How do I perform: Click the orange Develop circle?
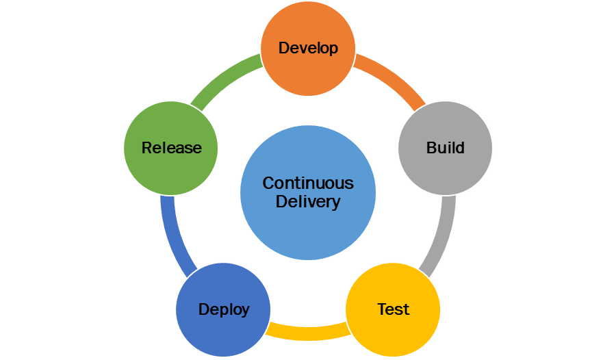tap(308, 65)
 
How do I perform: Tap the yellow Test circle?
tap(393, 325)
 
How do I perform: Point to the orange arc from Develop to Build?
tap(392, 81)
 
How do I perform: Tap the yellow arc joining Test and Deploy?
tap(308, 333)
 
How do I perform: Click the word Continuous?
tap(308, 183)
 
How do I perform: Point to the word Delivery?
tap(308, 202)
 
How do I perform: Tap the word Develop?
tap(308, 48)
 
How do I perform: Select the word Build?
tap(446, 148)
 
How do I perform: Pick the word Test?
tap(394, 309)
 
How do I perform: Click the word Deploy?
tap(224, 309)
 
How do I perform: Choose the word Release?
tap(171, 148)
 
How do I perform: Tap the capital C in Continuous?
tap(268, 183)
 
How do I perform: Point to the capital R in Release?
tap(146, 148)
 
